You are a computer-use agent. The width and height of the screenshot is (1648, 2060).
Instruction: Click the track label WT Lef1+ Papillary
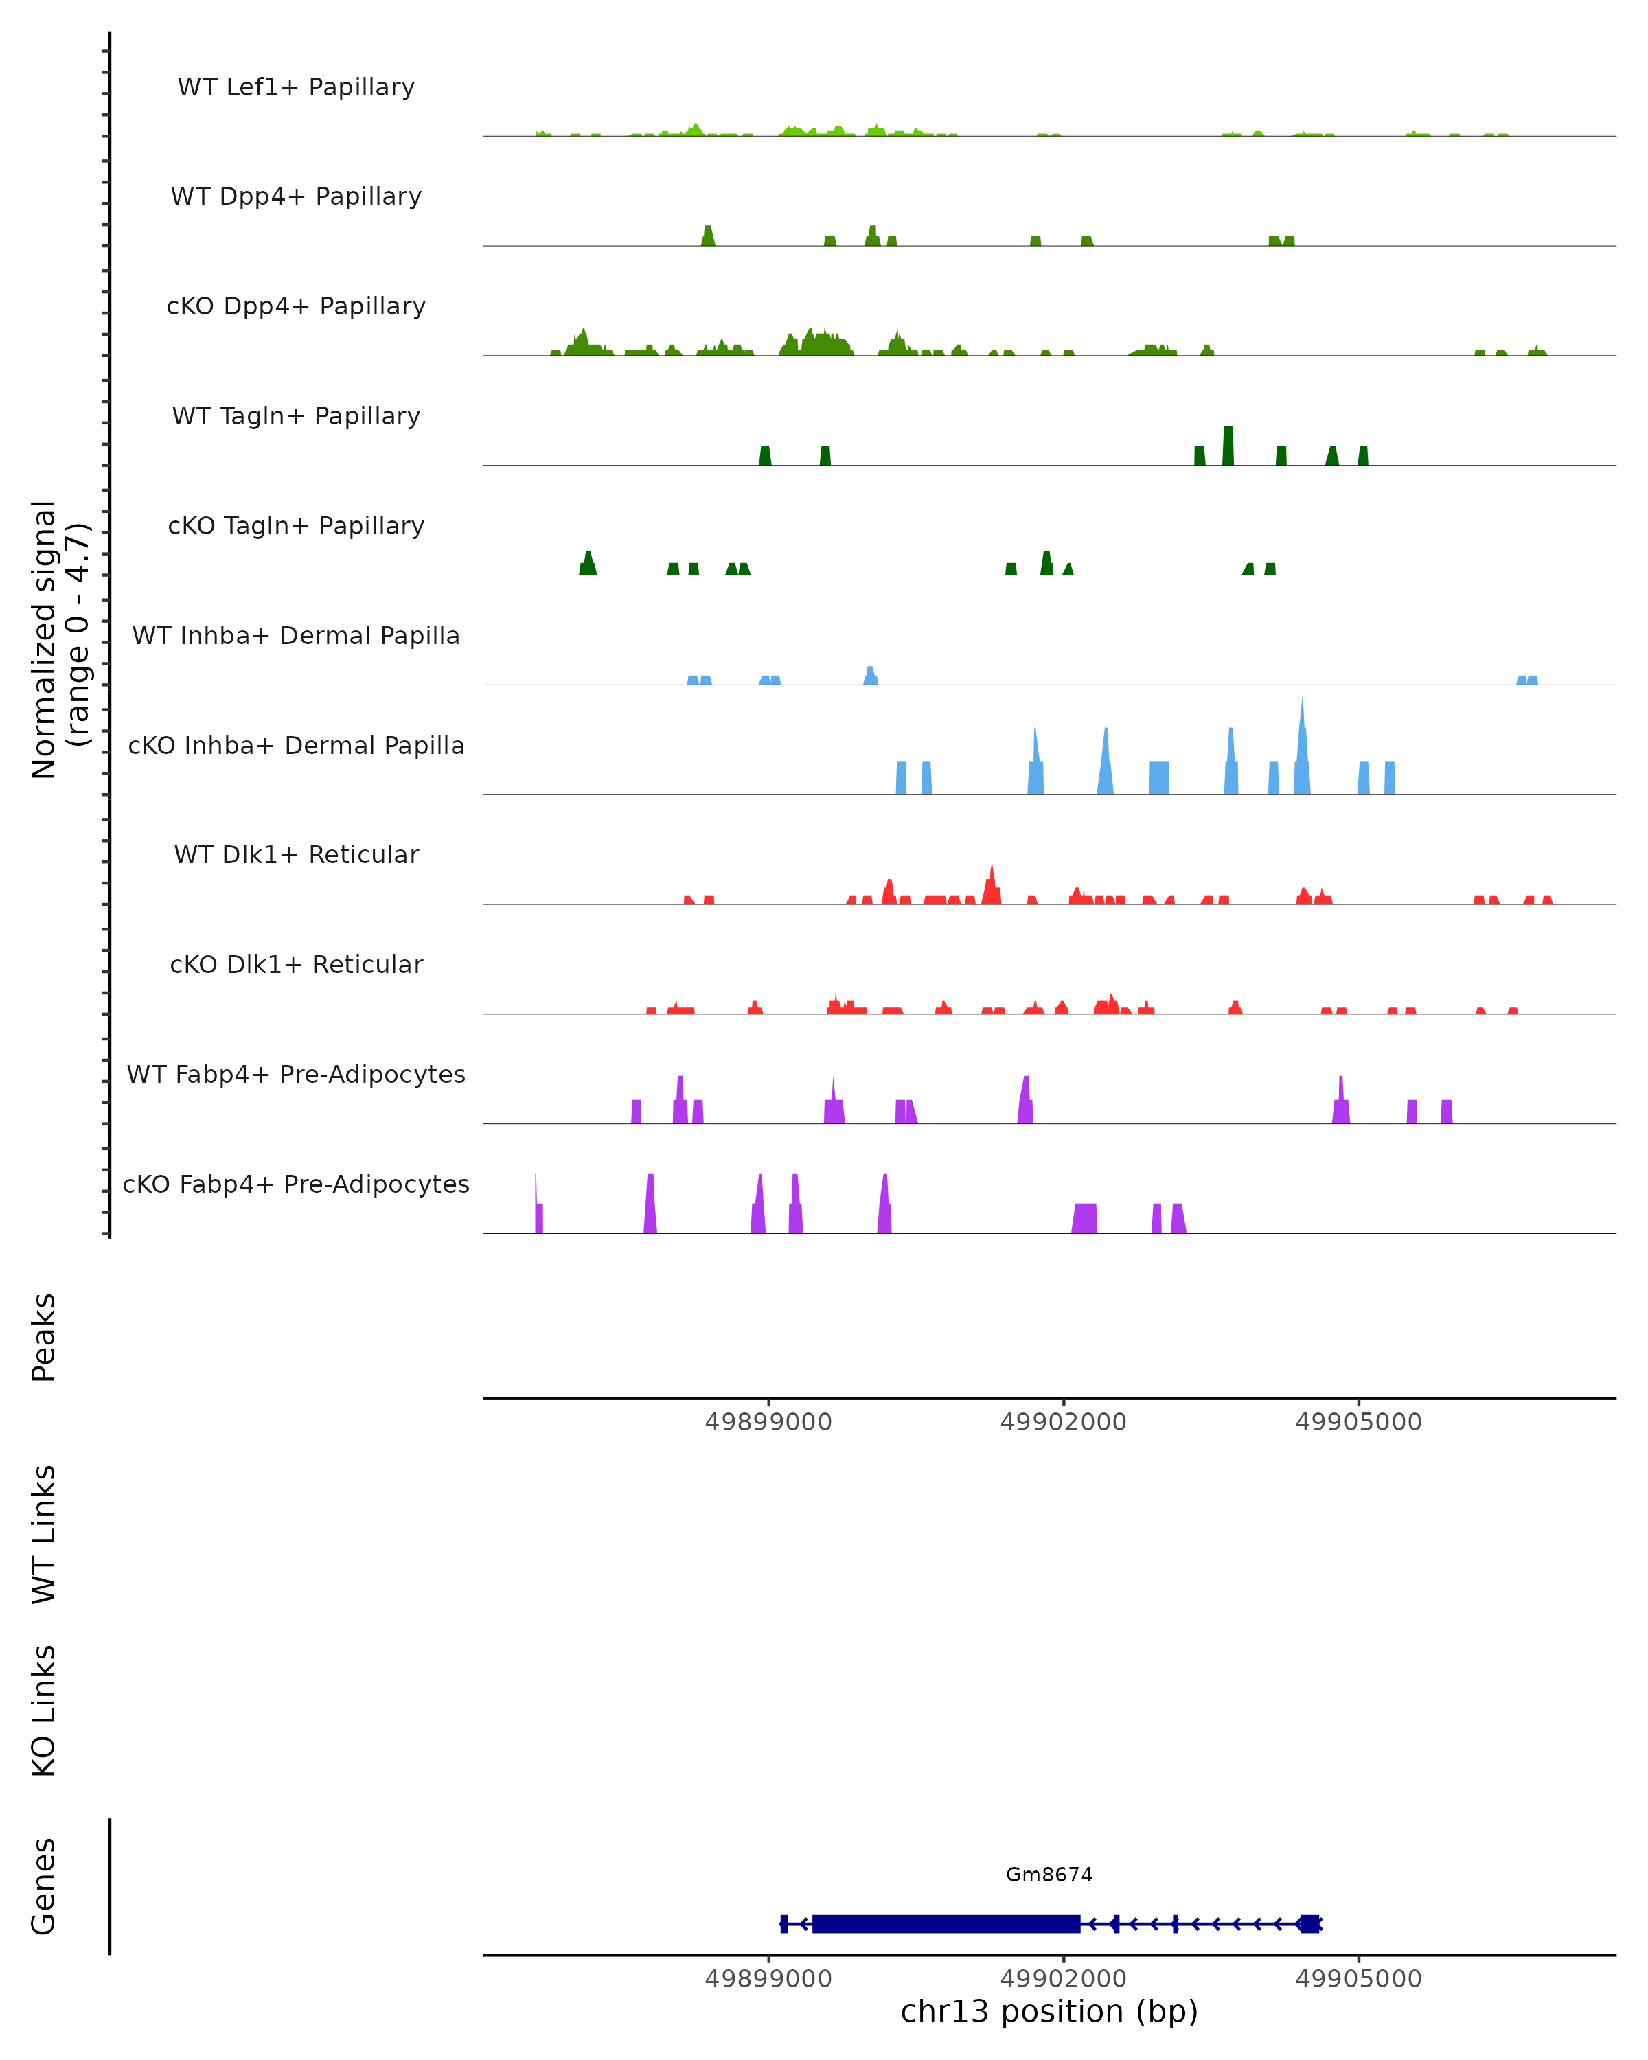click(x=296, y=87)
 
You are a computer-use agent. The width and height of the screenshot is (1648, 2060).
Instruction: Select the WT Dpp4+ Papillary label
click(x=296, y=197)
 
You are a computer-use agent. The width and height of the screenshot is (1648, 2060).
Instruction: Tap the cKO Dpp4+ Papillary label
click(x=296, y=307)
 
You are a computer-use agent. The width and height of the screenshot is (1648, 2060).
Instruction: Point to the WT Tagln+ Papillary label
click(x=296, y=417)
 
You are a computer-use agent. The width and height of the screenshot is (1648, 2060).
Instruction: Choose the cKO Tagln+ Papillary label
click(x=296, y=527)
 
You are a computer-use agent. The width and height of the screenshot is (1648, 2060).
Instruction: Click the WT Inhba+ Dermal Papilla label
click(x=296, y=637)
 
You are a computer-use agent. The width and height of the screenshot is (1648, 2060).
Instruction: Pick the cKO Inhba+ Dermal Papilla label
click(x=296, y=746)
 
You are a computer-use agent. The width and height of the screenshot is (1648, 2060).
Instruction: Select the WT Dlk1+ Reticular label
click(x=296, y=855)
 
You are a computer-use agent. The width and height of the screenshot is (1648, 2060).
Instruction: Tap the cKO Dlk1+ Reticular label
click(x=296, y=965)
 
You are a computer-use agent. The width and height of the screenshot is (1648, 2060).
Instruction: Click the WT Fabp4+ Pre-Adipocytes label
click(x=296, y=1075)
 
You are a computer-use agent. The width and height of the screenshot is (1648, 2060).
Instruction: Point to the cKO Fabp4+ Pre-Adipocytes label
click(x=296, y=1184)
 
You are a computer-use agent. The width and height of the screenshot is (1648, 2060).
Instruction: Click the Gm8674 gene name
click(x=1049, y=1875)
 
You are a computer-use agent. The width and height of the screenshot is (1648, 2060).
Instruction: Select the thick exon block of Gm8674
click(x=946, y=1923)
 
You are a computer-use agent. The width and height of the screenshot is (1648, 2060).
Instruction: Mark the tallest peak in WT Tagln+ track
click(x=1228, y=445)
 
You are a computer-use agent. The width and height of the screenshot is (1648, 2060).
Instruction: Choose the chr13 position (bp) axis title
click(x=1049, y=2011)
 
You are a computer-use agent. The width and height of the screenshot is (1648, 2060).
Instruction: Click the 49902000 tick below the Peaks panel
click(x=1064, y=1422)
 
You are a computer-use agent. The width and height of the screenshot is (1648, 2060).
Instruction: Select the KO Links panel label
click(x=44, y=1711)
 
